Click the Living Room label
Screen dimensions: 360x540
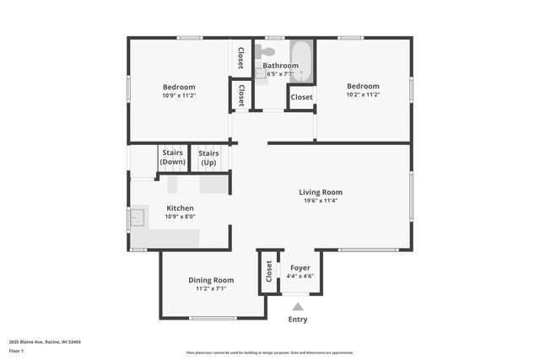click(321, 192)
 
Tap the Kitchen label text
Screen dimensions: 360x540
click(180, 208)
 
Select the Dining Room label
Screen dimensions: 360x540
click(211, 280)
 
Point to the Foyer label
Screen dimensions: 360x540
click(300, 268)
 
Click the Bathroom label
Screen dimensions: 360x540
click(280, 66)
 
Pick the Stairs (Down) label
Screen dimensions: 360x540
click(172, 157)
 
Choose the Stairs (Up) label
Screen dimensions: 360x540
click(208, 157)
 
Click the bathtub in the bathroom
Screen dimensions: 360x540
click(302, 61)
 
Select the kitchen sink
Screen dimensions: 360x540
click(136, 219)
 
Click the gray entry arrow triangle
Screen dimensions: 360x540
click(298, 308)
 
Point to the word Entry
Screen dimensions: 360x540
click(298, 320)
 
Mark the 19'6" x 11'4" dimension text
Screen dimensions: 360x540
click(321, 201)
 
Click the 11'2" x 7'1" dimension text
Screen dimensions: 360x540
click(211, 289)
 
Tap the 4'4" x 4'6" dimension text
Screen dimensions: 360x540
click(300, 277)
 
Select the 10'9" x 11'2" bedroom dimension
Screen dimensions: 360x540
click(179, 95)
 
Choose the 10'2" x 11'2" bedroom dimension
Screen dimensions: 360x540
click(363, 94)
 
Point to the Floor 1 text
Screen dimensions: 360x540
click(16, 350)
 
